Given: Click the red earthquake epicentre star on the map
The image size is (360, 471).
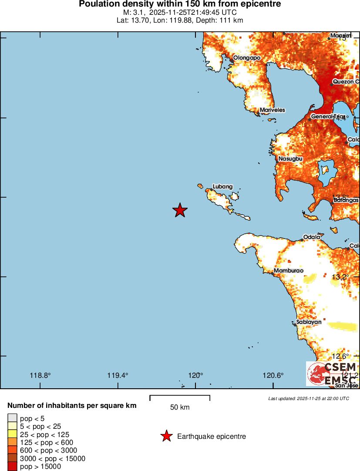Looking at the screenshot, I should pos(180,210).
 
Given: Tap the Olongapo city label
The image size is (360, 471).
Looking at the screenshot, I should pos(246,57).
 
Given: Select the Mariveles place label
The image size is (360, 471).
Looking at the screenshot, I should pos(272,110).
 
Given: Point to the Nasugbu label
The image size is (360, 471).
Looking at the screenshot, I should pos(290,159).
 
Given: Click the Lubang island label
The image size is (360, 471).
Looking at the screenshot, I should pos(222,187).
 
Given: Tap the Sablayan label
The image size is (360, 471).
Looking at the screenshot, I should pos(309,322).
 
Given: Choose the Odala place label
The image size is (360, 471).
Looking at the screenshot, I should pos(312,237).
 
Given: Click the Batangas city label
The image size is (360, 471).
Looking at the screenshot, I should pos(346,200).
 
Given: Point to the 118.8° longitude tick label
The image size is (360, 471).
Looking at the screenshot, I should pos(40,376).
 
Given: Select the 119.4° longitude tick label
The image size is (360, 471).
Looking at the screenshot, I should pos(118,376).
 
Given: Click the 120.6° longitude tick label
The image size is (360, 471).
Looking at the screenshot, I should pos(273,376).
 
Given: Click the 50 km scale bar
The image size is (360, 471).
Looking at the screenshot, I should pos(180,397).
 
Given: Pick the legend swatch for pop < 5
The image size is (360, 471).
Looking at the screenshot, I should pos(13,419).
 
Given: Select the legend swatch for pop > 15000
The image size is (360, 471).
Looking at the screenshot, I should pos(13,466).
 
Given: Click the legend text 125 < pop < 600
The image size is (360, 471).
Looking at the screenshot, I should pos(47,442).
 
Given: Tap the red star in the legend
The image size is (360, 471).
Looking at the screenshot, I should pos(166,436).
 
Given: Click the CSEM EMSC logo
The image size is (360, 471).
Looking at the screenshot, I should pos(332,373).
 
